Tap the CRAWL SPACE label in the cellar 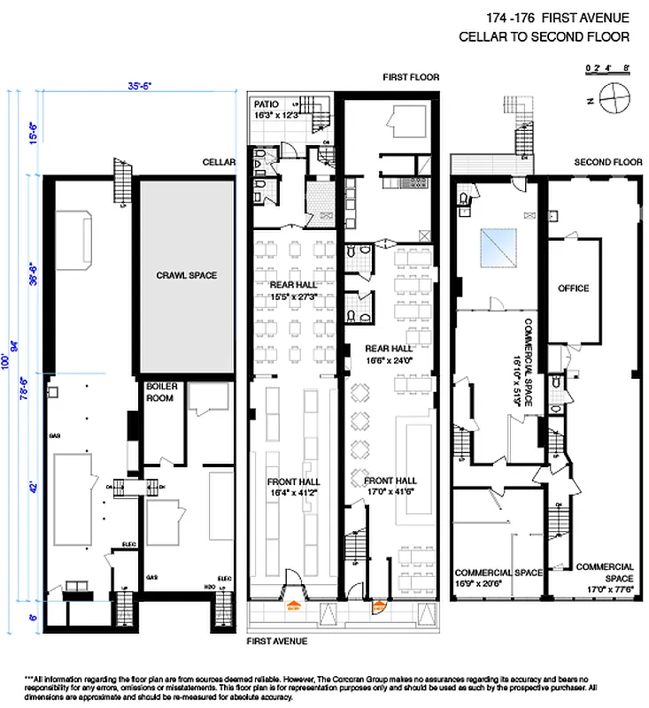click(186, 275)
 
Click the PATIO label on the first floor click(265, 104)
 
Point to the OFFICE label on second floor click(573, 289)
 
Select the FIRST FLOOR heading click(411, 77)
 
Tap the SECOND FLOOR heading click(607, 163)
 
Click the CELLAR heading click(219, 163)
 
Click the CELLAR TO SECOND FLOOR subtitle click(544, 37)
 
